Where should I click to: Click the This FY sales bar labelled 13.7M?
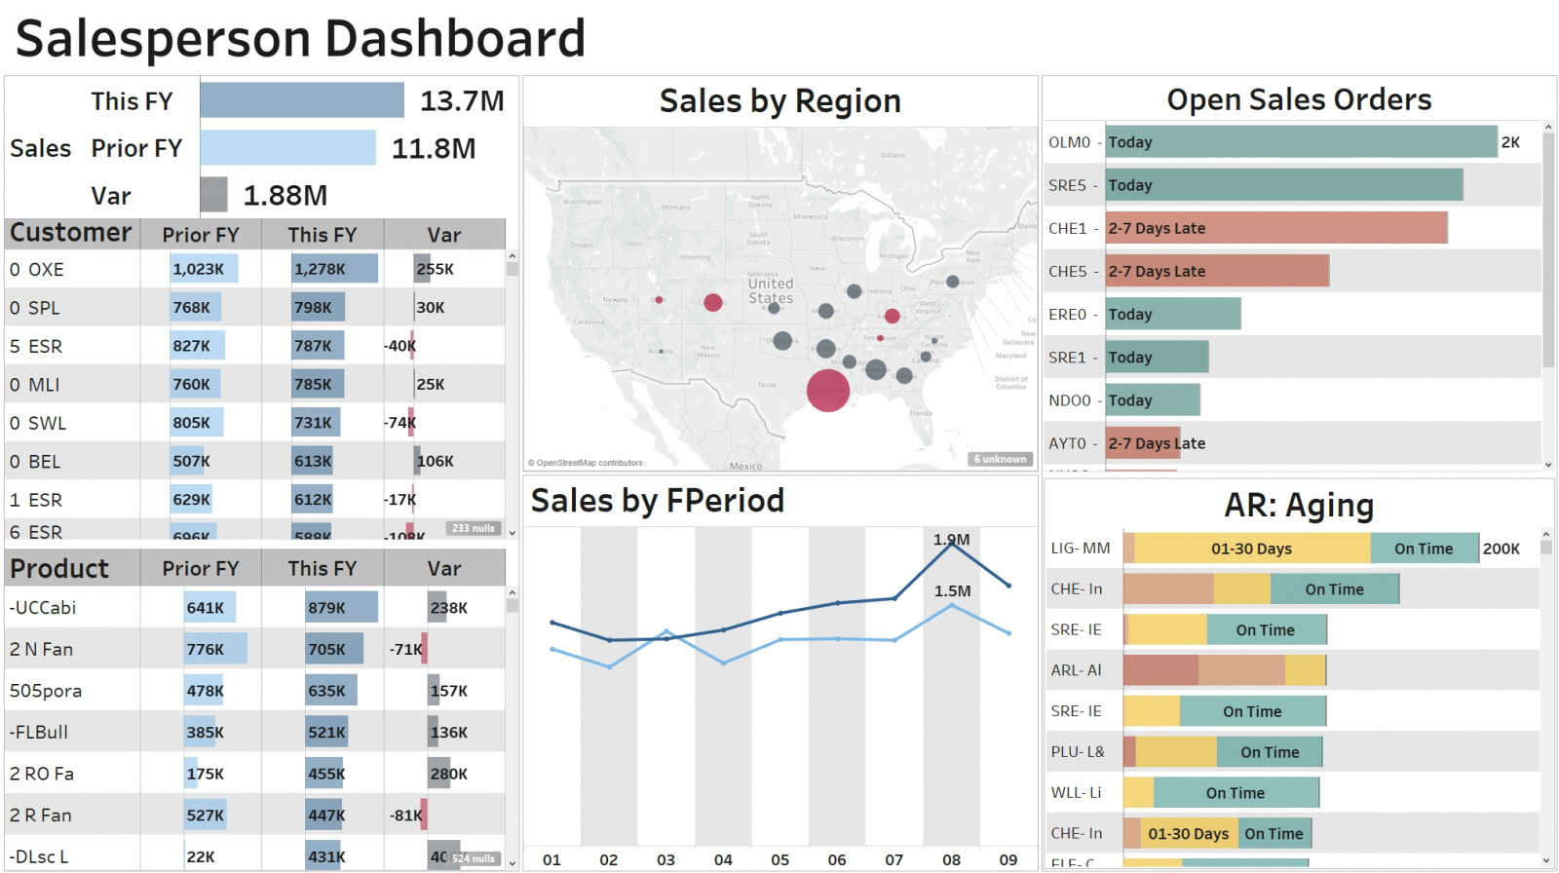click(x=302, y=100)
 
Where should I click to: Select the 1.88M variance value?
click(x=285, y=196)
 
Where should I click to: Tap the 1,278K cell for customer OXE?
click(x=321, y=269)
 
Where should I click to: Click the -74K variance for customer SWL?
click(x=399, y=423)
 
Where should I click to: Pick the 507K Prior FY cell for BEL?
click(x=191, y=461)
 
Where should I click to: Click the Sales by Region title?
click(x=779, y=101)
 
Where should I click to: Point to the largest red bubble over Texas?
click(x=828, y=391)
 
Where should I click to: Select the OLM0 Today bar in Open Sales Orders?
click(x=1300, y=142)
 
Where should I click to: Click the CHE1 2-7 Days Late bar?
click(x=1275, y=228)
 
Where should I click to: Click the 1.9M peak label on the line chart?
click(x=951, y=540)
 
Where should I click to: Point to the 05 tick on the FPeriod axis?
click(x=779, y=859)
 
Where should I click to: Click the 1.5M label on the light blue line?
click(x=952, y=591)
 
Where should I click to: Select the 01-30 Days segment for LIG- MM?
click(x=1252, y=549)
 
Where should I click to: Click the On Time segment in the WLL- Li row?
click(x=1236, y=793)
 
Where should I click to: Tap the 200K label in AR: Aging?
click(x=1501, y=549)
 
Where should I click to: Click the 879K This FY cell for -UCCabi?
click(x=327, y=608)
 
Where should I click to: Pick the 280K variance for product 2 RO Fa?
click(x=448, y=774)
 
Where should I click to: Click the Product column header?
click(x=59, y=568)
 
